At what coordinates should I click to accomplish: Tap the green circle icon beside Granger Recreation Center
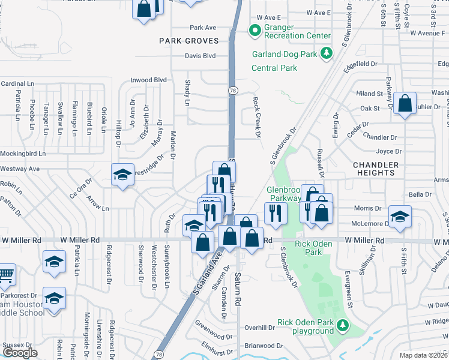[255, 29]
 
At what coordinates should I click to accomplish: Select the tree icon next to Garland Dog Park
[326, 53]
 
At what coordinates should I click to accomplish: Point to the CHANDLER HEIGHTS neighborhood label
[376, 169]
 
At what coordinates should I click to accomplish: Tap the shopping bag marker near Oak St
[406, 103]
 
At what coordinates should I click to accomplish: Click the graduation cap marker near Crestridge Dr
[123, 175]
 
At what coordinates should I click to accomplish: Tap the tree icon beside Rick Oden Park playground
[343, 325]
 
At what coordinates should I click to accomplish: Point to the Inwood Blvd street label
[148, 79]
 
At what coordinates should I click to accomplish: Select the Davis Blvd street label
[200, 56]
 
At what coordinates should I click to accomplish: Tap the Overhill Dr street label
[259, 328]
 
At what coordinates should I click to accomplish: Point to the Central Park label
[274, 68]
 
